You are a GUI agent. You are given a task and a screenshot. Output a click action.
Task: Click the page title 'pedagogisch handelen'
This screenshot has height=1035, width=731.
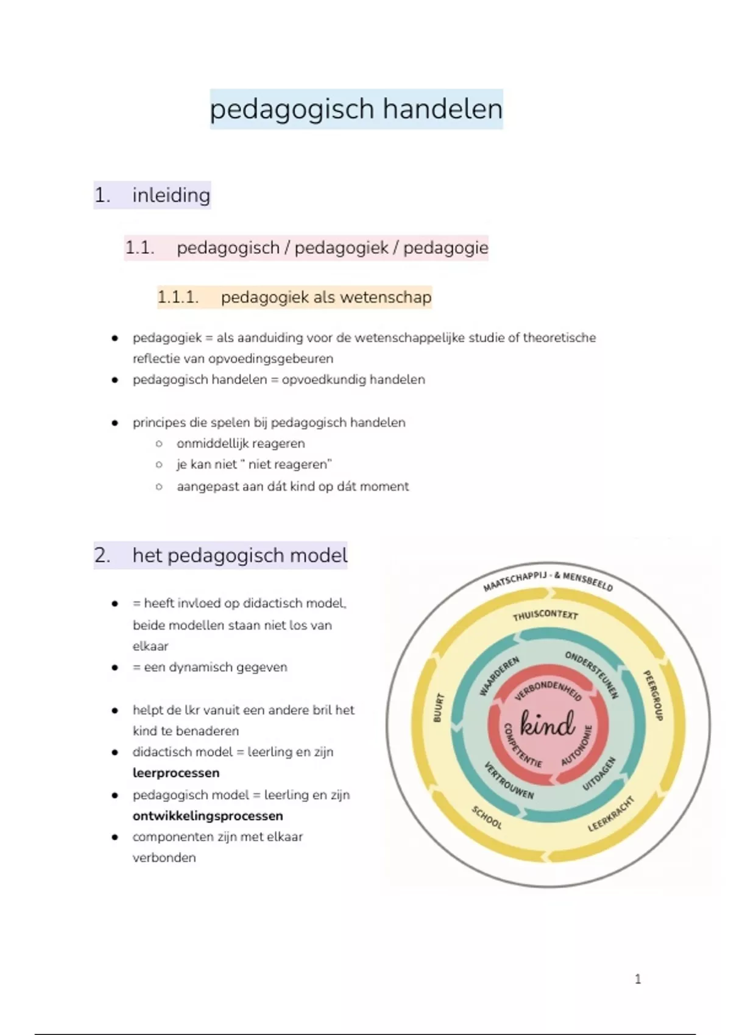356,110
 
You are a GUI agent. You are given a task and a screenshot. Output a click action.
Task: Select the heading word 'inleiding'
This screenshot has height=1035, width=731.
171,195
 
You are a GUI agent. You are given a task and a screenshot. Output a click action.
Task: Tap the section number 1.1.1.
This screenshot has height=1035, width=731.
178,296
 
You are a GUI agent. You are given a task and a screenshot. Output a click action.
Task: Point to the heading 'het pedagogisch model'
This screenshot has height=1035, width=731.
239,555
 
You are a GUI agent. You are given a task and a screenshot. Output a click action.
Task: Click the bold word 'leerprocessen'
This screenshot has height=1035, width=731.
175,773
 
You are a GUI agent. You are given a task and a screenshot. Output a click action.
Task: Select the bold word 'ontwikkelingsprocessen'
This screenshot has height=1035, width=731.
208,816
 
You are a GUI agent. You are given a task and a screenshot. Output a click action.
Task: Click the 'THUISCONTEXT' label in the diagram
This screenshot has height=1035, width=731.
545,615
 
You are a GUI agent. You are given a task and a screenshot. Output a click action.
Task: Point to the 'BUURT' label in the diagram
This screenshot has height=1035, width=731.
438,707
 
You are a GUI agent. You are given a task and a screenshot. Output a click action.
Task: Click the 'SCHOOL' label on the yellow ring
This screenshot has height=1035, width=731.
486,817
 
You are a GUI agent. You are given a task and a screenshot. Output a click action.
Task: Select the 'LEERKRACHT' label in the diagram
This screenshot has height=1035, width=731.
611,814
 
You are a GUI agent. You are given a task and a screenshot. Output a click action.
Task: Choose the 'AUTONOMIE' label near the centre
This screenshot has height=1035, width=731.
576,745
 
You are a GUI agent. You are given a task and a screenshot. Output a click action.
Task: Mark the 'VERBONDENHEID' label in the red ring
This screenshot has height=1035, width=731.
548,690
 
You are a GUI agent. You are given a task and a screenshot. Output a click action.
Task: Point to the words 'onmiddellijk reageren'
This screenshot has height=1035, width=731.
241,443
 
